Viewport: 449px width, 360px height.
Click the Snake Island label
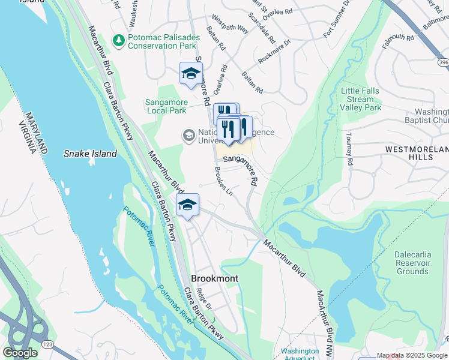tap(90, 154)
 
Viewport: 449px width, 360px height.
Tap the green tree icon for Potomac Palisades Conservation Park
tap(119, 40)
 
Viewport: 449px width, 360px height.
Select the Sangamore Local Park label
tap(166, 106)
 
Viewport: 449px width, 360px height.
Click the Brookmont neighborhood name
tap(214, 278)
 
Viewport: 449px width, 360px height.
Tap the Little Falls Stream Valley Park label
tap(360, 99)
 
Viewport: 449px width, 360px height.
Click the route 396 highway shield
tap(443, 62)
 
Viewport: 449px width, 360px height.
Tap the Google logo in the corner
tap(20, 353)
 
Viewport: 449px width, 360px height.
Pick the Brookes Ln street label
tap(223, 180)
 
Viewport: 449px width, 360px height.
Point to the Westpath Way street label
tap(230, 28)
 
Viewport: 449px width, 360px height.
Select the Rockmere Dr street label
tap(274, 52)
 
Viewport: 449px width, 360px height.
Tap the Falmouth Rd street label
tap(397, 41)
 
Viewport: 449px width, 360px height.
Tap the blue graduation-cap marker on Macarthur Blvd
tap(187, 206)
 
